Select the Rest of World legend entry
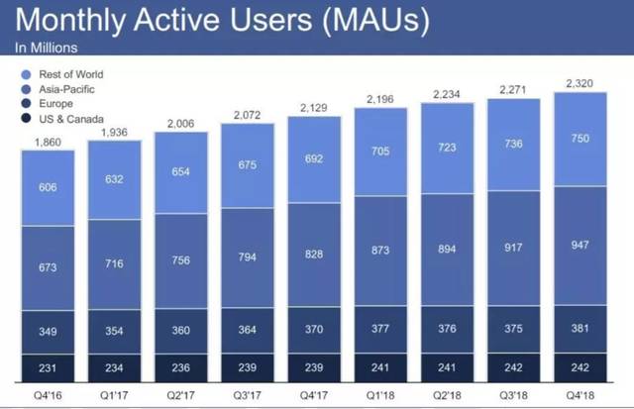tap(69, 73)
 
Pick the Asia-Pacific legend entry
tap(63, 89)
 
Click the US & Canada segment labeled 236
tap(180, 366)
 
